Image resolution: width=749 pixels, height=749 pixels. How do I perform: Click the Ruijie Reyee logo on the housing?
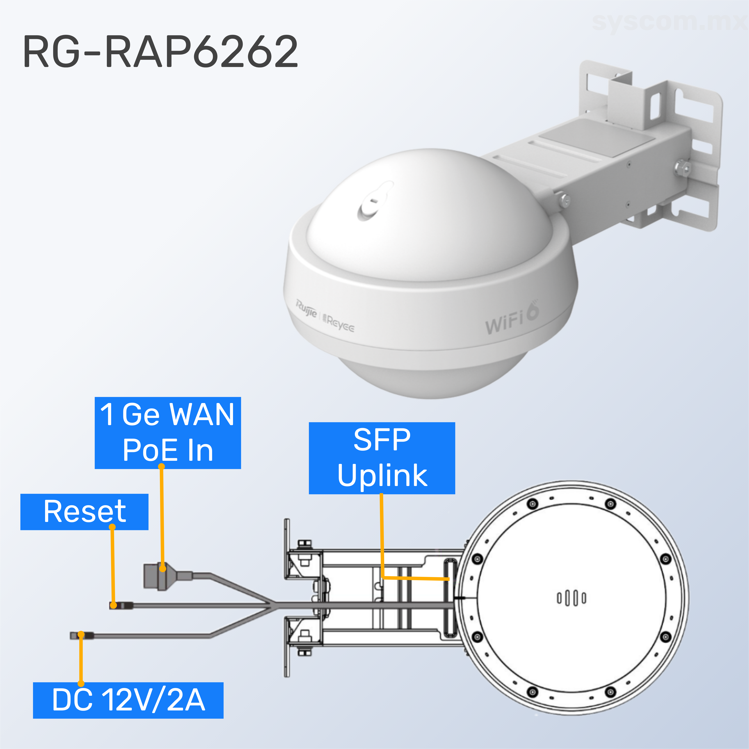pyautogui.click(x=325, y=315)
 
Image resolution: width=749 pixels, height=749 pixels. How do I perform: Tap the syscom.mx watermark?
pyautogui.click(x=669, y=22)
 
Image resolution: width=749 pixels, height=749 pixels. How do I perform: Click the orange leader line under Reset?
pyautogui.click(x=113, y=566)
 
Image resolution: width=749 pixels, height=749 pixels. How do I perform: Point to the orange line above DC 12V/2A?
pyautogui.click(x=81, y=659)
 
